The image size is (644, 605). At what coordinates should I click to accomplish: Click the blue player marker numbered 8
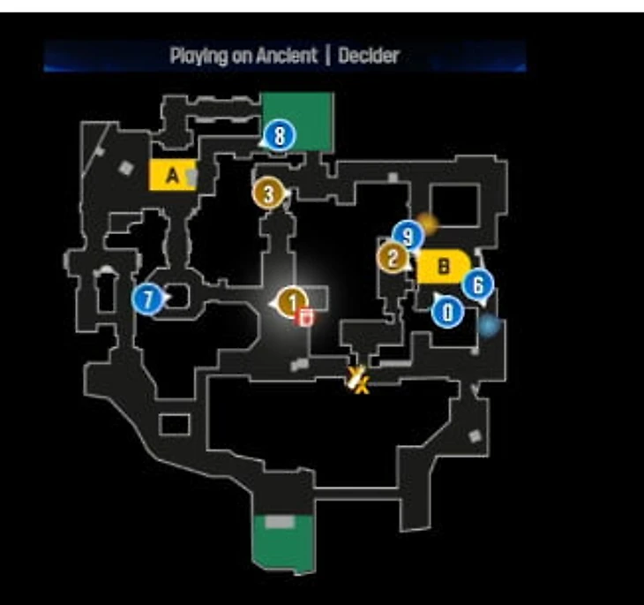point(280,136)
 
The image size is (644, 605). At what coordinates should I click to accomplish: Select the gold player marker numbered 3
point(269,192)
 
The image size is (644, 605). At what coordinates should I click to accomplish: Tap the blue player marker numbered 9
point(407,236)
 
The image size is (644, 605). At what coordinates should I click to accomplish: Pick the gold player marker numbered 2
point(393,258)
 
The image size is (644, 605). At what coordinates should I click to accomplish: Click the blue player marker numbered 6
point(477,284)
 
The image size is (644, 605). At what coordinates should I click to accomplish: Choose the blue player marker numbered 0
point(447,311)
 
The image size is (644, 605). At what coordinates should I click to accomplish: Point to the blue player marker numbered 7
point(148,299)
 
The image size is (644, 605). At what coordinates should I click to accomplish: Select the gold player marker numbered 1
point(290,301)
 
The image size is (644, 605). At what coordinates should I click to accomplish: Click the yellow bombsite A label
point(172,175)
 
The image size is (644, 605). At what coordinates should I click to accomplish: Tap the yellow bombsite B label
point(444,265)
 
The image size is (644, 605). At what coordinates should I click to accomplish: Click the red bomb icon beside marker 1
point(306,316)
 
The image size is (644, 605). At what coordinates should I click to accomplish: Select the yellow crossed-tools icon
point(357,380)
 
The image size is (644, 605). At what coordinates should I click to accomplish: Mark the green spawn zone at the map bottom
point(282,541)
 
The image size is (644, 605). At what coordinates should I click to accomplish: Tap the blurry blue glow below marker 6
point(488,326)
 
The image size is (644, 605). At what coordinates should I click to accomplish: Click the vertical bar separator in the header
point(327,56)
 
